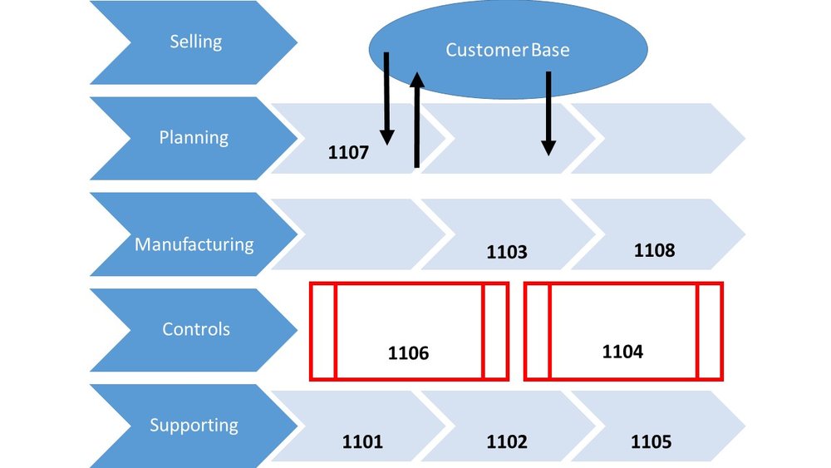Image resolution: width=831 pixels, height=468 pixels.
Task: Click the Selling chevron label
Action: (195, 42)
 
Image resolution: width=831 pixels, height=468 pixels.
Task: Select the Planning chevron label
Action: (194, 137)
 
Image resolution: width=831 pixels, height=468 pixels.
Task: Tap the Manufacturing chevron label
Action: (194, 244)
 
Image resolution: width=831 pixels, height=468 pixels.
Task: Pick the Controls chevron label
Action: (196, 329)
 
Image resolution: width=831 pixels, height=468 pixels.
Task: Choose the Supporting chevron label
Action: (194, 426)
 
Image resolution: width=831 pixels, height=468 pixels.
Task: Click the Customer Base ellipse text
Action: (508, 50)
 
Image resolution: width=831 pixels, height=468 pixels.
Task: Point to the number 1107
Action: (348, 154)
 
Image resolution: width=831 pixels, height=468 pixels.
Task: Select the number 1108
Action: (654, 249)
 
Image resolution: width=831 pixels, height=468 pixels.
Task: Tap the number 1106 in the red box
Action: (408, 353)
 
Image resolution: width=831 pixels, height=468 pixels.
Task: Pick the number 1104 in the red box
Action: (622, 352)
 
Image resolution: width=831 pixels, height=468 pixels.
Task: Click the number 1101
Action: (363, 442)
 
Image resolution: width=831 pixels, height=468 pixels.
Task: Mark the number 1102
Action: (507, 442)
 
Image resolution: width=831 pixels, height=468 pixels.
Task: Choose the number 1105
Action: (651, 442)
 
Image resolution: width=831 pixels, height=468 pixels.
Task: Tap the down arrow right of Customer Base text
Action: (548, 113)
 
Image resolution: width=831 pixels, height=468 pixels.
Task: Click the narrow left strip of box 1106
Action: (323, 331)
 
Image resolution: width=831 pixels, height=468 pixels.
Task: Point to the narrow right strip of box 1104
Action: (710, 331)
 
